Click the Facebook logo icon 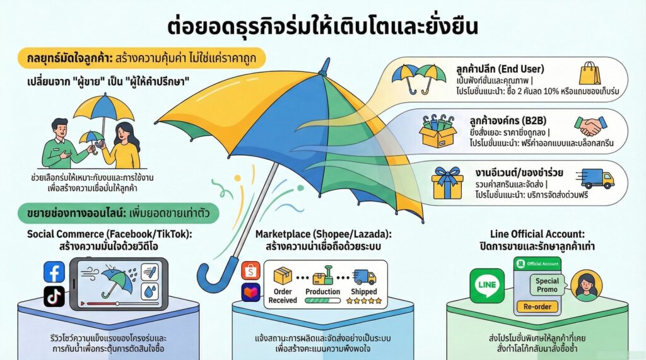point(54,272)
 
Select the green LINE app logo point(487,285)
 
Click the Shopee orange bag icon point(250,270)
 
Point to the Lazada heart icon point(250,293)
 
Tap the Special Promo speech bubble point(547,285)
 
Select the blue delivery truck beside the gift point(597,178)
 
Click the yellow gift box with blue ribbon point(447,183)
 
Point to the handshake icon point(590,126)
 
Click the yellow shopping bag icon point(590,74)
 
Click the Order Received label point(283,296)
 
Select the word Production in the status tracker point(322,292)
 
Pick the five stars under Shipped point(363,301)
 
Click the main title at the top point(322,28)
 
